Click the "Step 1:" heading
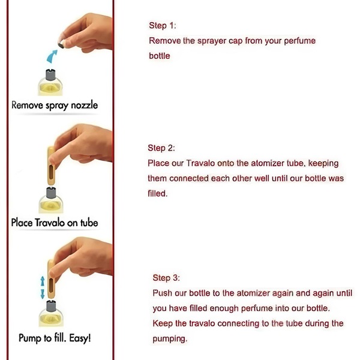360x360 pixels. pos(163,26)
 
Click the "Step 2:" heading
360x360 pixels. pos(161,148)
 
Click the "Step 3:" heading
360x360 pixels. pos(166,278)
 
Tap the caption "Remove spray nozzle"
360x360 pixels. pos(55,106)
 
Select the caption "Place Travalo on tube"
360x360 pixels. pos(55,223)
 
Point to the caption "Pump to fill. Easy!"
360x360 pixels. pos(55,338)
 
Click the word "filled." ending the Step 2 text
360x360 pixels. pos(158,194)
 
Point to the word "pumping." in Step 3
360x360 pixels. pos(171,339)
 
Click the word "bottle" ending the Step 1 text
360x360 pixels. pos(160,56)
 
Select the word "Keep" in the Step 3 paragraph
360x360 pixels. pos(163,323)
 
